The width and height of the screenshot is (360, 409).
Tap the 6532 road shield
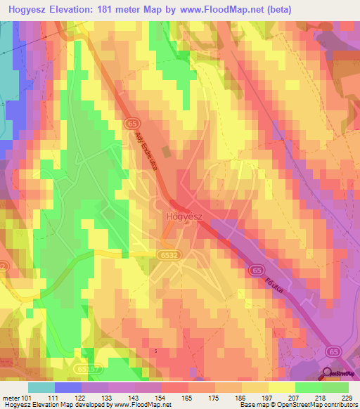coord(166,255)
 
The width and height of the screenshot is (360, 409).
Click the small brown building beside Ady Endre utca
coord(165,152)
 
